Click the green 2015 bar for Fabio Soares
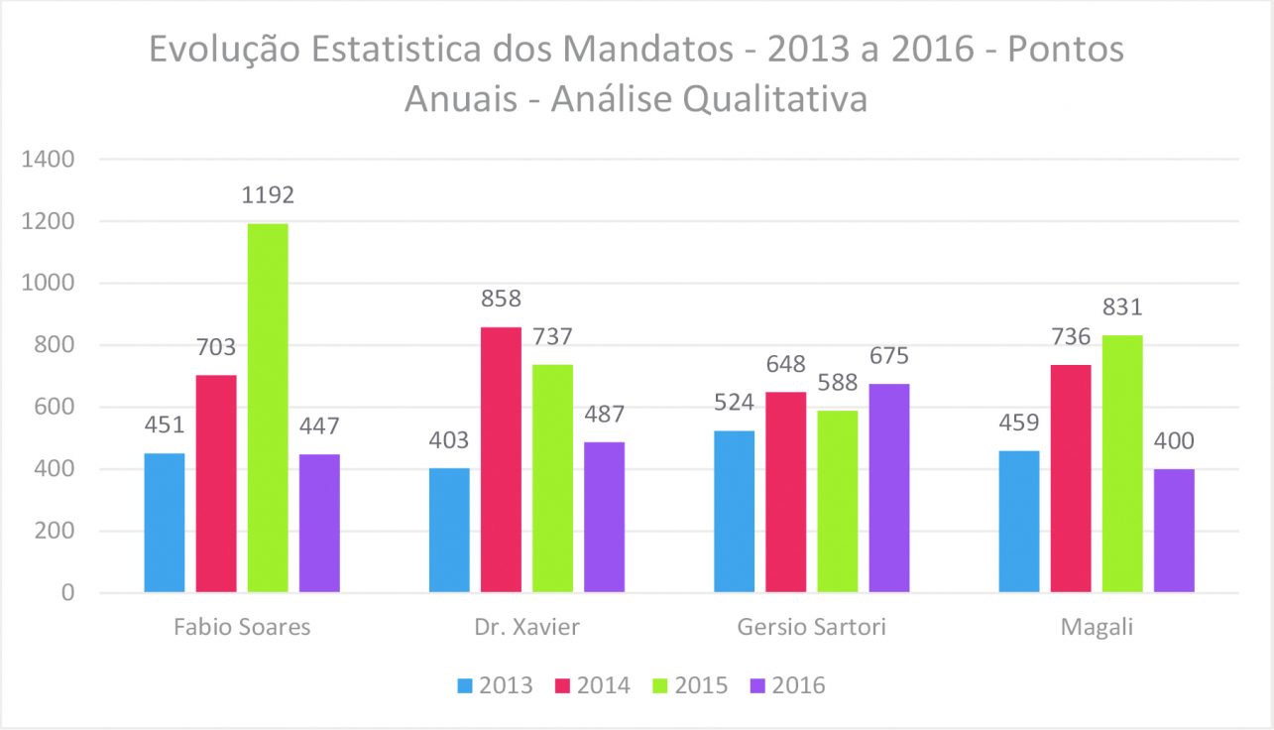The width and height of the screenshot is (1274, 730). tap(268, 408)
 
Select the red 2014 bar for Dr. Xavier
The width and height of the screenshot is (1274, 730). tap(501, 460)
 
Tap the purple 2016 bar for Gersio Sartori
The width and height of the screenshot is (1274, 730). tap(889, 488)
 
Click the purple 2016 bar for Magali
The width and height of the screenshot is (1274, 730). tap(1174, 531)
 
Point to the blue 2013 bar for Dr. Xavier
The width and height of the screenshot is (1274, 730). tap(449, 531)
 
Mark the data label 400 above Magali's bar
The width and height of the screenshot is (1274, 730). tap(1174, 441)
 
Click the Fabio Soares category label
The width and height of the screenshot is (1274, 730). tap(242, 628)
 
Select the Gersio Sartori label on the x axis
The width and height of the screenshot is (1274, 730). tap(812, 628)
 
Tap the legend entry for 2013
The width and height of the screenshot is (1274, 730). tap(495, 685)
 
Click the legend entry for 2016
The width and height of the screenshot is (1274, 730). tap(788, 685)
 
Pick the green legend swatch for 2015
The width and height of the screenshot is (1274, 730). tap(660, 685)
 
